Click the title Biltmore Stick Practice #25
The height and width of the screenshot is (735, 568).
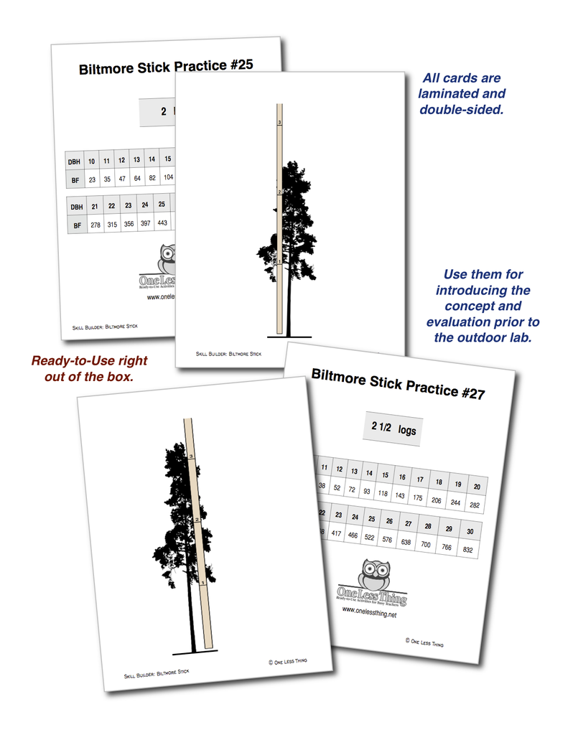click(165, 67)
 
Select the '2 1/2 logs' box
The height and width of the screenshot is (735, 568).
click(393, 429)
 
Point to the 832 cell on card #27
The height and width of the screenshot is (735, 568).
click(467, 550)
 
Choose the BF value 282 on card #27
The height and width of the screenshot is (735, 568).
click(474, 505)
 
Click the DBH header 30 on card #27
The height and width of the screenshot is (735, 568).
click(469, 531)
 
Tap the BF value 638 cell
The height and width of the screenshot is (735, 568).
click(407, 543)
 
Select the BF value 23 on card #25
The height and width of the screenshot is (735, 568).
click(92, 179)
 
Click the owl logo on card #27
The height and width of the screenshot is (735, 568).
click(373, 576)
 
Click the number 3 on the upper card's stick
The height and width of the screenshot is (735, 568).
click(279, 123)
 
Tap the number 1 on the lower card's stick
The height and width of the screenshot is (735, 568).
click(202, 583)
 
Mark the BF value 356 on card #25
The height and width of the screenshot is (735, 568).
click(129, 225)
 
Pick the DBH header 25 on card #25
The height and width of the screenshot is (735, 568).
click(162, 205)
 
